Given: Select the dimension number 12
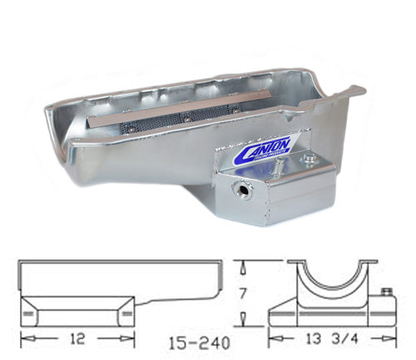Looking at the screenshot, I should pyautogui.click(x=77, y=340).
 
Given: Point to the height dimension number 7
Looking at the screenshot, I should pyautogui.click(x=240, y=293).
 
